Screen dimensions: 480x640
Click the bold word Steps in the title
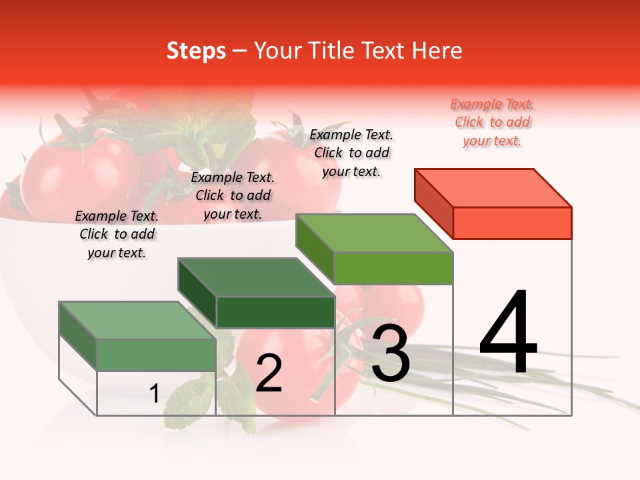[196, 51]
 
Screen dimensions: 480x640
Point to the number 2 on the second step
[269, 373]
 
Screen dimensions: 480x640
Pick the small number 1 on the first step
[154, 393]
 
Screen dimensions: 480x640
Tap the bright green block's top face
[375, 233]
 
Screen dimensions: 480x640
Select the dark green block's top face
[256, 277]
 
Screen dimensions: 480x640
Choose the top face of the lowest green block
[137, 320]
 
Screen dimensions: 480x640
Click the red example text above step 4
[492, 123]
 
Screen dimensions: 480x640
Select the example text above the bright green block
[351, 153]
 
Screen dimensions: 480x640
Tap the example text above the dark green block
[233, 195]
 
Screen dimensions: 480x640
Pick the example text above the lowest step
[117, 235]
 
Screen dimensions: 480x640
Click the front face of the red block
[512, 223]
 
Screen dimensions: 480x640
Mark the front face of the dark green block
[275, 312]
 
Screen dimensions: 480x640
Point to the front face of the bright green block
[393, 268]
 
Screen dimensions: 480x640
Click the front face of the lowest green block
[156, 355]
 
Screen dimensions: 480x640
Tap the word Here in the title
[440, 51]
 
